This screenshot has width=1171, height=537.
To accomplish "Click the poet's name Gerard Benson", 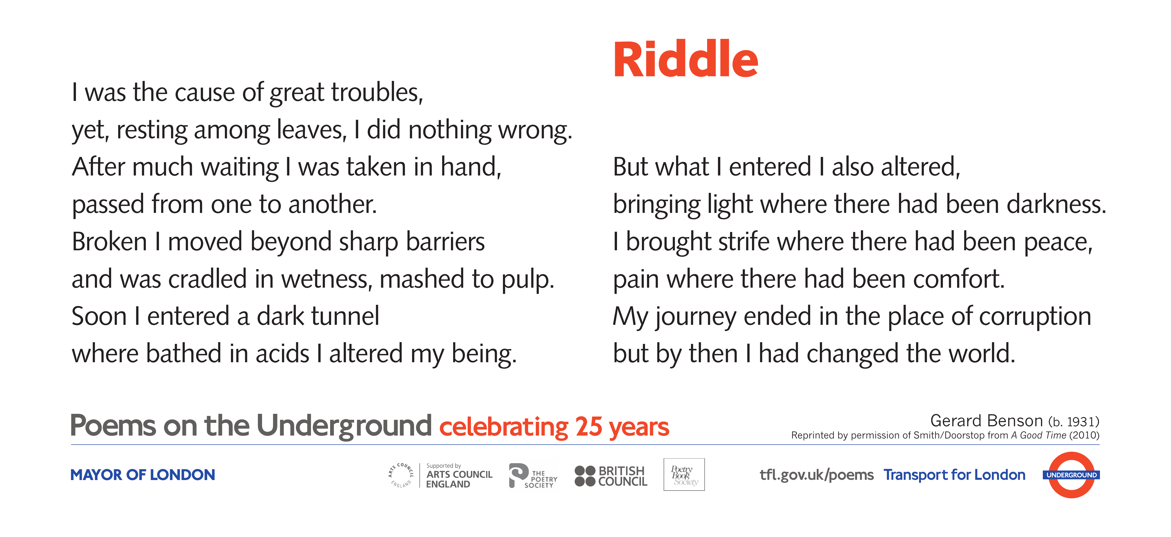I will (986, 421).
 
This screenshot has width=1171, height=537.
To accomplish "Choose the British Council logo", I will (610, 476).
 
